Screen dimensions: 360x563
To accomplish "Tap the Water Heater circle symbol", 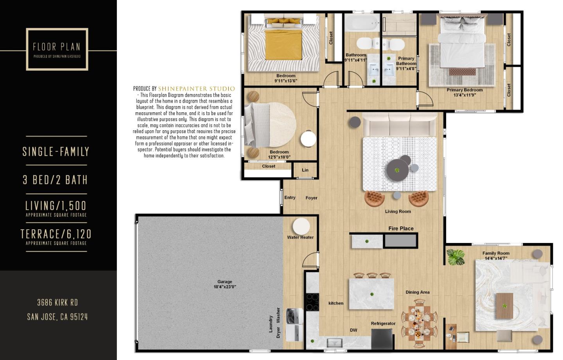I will click(301, 226).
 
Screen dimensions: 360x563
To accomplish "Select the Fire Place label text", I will click(401, 229).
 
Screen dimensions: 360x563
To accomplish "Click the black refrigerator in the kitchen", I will click(382, 338).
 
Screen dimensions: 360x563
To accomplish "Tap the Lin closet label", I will click(305, 170).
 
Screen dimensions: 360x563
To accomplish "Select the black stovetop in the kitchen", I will click(312, 302).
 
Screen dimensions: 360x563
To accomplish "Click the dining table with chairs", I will click(419, 323).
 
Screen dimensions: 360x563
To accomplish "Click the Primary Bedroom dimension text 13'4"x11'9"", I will click(464, 95).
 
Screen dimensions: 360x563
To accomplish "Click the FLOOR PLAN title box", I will click(57, 49).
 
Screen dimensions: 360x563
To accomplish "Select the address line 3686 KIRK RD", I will click(57, 302).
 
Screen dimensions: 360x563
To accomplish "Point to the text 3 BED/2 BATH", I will click(55, 180).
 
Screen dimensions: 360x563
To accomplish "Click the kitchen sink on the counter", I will click(335, 343).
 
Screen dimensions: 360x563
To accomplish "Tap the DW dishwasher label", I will click(353, 330).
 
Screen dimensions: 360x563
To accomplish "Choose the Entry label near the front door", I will click(290, 198).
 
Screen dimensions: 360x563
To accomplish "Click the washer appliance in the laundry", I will click(294, 316).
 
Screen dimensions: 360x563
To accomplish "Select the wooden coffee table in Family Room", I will click(504, 306).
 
